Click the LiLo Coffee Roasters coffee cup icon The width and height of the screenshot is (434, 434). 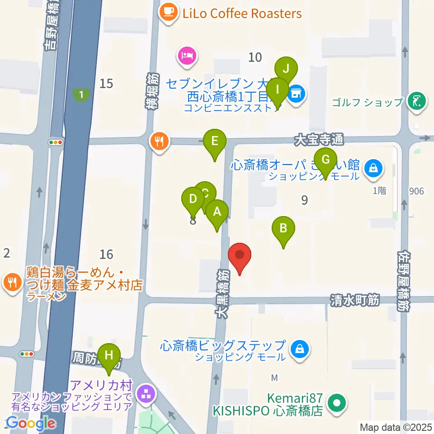point(169,12)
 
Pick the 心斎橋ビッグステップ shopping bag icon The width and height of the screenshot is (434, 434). point(299,349)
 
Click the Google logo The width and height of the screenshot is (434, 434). point(31,424)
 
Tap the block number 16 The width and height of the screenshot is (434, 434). point(107,254)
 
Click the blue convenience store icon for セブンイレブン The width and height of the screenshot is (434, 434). point(296,94)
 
